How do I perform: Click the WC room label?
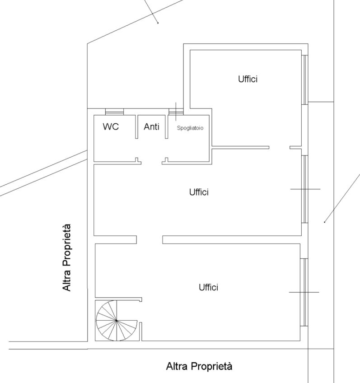click(111, 126)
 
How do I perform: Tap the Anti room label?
click(151, 126)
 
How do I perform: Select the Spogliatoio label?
click(190, 128)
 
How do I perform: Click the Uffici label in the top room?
click(248, 79)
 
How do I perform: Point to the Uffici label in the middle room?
click(199, 192)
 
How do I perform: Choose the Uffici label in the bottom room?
click(208, 287)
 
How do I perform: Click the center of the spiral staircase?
click(117, 321)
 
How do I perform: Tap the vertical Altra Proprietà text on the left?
click(66, 258)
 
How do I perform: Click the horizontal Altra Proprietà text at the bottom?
click(199, 366)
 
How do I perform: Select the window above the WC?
click(114, 112)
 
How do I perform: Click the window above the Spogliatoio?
click(176, 112)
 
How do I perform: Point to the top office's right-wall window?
click(305, 79)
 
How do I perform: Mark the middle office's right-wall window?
click(305, 189)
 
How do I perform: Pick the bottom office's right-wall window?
click(304, 292)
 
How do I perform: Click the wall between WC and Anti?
click(136, 127)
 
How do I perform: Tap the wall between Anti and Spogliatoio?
click(167, 127)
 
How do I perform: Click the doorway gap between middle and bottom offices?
click(150, 240)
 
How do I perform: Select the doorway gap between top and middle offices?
click(280, 148)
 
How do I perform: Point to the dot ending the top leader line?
click(158, 23)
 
